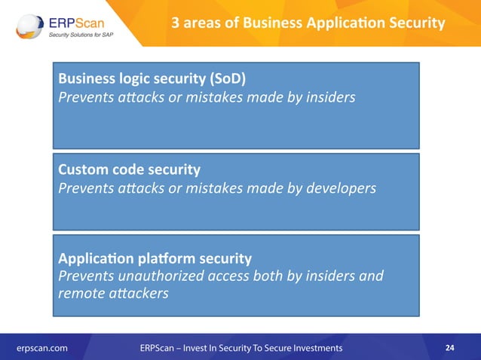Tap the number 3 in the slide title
pyautogui.click(x=176, y=23)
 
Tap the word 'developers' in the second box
pyautogui.click(x=339, y=188)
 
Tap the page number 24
pyautogui.click(x=450, y=348)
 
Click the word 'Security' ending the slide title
pyautogui.click(x=414, y=23)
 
